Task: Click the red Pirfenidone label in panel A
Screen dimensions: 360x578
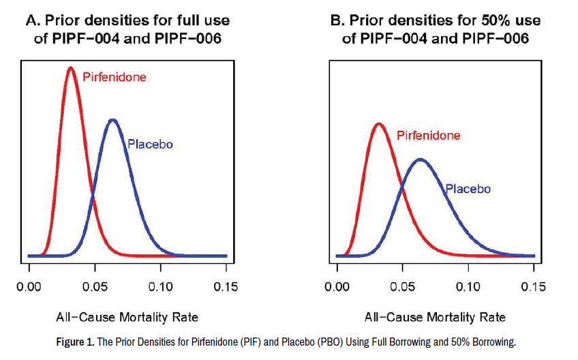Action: pos(114,77)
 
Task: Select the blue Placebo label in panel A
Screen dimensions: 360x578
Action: pos(150,145)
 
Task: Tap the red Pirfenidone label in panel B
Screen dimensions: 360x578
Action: pos(428,135)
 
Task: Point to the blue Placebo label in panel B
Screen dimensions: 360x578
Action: pos(468,189)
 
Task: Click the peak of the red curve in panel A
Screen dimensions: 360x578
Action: pos(71,67)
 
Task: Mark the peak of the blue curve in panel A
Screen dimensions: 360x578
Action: pos(112,121)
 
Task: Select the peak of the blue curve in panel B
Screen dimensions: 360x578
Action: pos(421,160)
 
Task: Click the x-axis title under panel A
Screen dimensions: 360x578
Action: pos(127,317)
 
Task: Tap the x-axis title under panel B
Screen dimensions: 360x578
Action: pos(436,317)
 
